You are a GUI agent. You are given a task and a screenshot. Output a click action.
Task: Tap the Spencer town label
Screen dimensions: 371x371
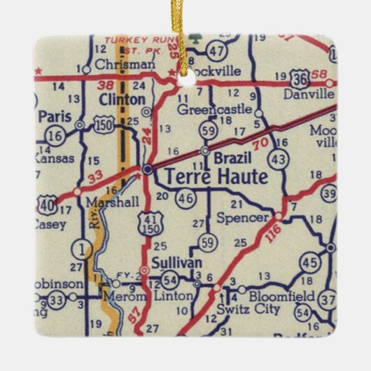[244, 218]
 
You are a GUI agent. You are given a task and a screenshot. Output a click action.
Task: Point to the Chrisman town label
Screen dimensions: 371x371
[122, 64]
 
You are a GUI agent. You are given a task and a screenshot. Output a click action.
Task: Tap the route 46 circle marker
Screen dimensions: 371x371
[186, 198]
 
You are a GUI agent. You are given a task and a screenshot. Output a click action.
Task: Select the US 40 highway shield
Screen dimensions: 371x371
[48, 206]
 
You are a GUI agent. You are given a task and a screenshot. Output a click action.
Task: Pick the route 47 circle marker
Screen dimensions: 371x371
[218, 50]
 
